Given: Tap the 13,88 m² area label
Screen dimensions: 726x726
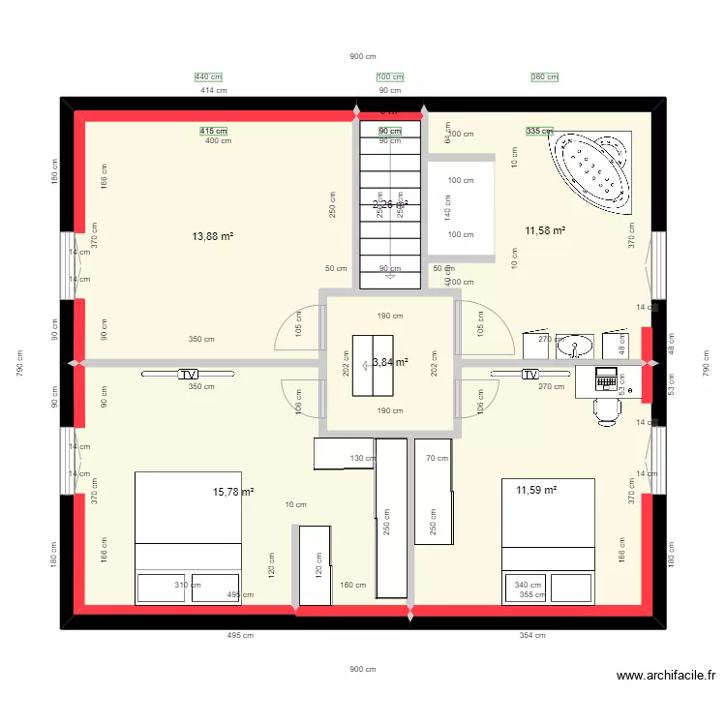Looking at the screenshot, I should (213, 236).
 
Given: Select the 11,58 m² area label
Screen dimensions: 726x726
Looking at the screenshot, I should (545, 230).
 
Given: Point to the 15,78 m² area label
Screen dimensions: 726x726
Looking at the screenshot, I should (233, 492).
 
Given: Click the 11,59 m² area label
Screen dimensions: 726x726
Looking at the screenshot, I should (536, 491).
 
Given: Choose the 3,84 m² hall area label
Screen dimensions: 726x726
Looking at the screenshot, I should (389, 362).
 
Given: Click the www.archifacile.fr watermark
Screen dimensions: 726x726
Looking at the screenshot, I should (665, 677).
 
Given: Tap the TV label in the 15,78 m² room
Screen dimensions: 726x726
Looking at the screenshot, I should (187, 374).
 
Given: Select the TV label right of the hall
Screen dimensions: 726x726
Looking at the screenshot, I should (529, 374).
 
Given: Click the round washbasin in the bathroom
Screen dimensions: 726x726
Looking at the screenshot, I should (581, 346).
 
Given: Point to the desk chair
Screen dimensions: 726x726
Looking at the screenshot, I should (607, 410).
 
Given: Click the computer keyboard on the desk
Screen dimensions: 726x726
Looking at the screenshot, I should (607, 378).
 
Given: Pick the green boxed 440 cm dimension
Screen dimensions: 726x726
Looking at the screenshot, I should (208, 77).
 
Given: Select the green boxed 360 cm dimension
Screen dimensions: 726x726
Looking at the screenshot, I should (545, 77).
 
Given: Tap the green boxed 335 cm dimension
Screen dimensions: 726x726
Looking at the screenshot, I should (539, 131).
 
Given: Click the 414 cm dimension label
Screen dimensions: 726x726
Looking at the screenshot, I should (214, 91).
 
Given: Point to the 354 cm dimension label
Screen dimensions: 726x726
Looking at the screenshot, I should (532, 636).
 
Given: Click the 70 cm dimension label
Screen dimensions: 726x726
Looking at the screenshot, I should (438, 459).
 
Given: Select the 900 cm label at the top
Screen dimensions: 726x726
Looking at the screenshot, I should (363, 57).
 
